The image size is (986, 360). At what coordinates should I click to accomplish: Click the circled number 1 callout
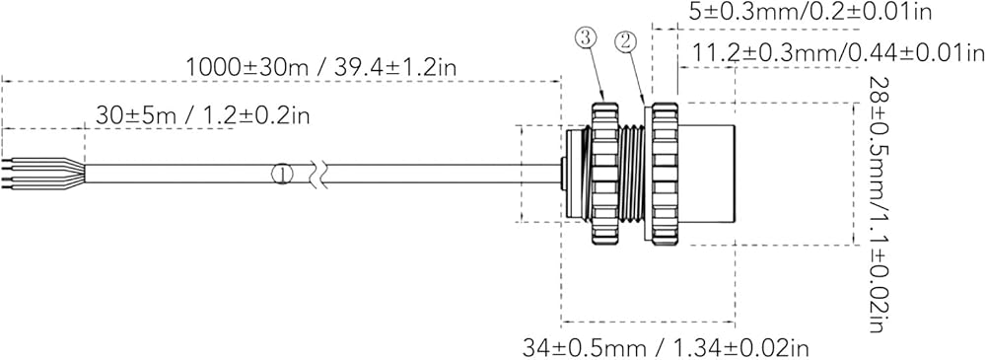pyautogui.click(x=282, y=174)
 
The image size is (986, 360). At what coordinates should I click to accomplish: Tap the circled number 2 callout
pyautogui.click(x=626, y=42)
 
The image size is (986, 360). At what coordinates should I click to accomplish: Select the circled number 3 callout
pyautogui.click(x=584, y=38)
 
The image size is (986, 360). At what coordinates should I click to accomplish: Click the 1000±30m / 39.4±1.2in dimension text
pyautogui.click(x=321, y=67)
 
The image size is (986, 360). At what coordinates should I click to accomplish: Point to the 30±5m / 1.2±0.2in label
pyautogui.click(x=202, y=115)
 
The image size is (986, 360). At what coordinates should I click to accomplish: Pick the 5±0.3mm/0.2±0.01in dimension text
pyautogui.click(x=810, y=11)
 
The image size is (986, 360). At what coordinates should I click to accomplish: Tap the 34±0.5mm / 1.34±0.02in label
pyautogui.click(x=666, y=347)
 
